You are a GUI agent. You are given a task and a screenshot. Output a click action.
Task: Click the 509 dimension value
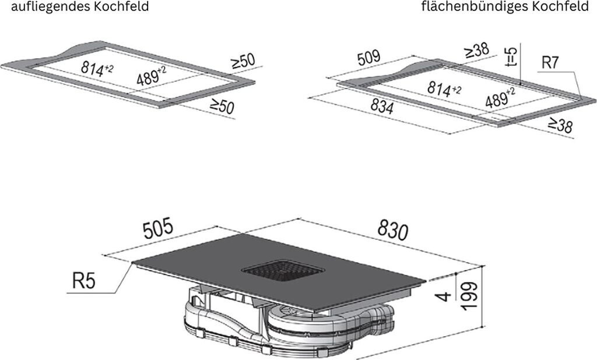(x=370, y=58)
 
